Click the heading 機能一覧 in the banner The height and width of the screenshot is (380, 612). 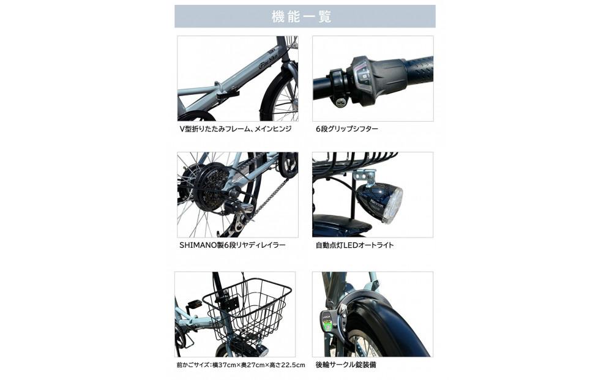click(x=305, y=17)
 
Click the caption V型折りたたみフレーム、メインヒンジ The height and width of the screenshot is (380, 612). click(x=235, y=129)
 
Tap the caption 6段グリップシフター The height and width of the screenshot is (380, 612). click(x=347, y=129)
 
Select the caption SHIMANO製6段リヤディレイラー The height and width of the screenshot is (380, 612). click(x=233, y=245)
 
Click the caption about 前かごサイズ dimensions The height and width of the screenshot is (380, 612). click(x=240, y=365)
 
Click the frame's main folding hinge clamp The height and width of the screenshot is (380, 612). click(x=227, y=95)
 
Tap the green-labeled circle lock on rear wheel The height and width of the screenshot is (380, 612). click(x=327, y=321)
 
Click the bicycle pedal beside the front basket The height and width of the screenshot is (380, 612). click(x=195, y=304)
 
